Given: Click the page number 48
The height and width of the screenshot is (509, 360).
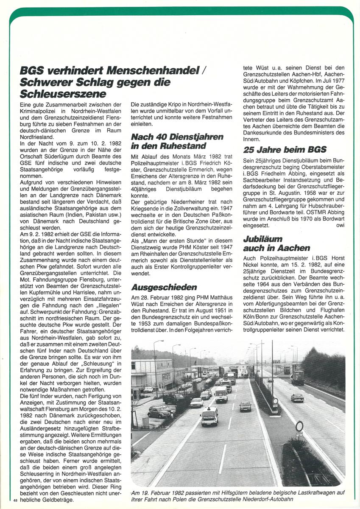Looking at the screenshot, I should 16,501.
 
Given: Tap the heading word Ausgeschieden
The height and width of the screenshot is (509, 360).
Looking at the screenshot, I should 164,287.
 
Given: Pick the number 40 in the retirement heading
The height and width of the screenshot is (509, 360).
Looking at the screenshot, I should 159,137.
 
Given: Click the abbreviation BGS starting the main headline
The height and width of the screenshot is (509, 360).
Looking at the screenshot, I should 34,71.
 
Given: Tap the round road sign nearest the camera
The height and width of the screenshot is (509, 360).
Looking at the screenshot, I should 299,426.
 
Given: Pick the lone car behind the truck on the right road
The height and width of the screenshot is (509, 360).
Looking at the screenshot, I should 297,397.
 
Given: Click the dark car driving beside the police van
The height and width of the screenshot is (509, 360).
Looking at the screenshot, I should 245,406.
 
